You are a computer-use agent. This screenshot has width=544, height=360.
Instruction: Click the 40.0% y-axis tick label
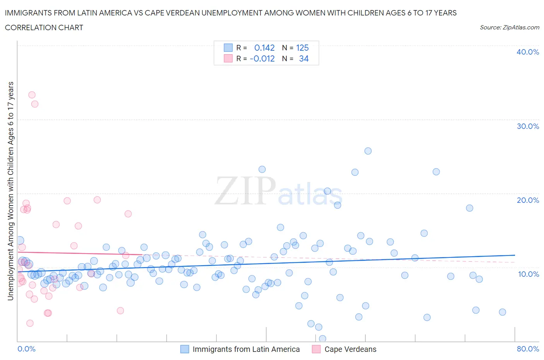pos(528,52)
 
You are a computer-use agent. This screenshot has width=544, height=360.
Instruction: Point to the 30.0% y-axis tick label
pos(528,126)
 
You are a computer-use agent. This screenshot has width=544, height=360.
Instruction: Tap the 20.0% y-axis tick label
pos(528,200)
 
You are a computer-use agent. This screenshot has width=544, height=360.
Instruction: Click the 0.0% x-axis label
pos(27,349)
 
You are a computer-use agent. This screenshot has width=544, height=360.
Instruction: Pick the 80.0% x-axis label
pos(528,349)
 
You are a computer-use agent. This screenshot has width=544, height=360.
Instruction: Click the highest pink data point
pos(32,95)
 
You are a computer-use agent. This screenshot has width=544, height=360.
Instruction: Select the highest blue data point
pos(368,151)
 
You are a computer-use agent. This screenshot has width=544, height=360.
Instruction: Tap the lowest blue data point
pos(322,339)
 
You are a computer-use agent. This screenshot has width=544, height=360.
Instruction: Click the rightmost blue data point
pos(502,312)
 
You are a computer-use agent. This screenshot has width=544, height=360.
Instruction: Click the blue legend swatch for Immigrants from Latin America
pos(185,349)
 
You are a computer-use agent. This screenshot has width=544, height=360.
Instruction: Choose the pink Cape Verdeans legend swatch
pos(316,349)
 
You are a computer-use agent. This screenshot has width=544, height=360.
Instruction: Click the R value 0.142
pos(264,48)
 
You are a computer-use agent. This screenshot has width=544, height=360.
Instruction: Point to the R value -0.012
pos(262,58)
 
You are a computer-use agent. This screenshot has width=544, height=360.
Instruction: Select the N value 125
pos(302,48)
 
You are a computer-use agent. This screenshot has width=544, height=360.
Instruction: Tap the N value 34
pos(304,58)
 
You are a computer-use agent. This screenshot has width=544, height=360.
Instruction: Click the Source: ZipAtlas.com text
pos(509,27)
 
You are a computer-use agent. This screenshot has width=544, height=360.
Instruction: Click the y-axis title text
pos(10,191)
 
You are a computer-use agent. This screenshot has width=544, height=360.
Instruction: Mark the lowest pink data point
pos(30,323)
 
